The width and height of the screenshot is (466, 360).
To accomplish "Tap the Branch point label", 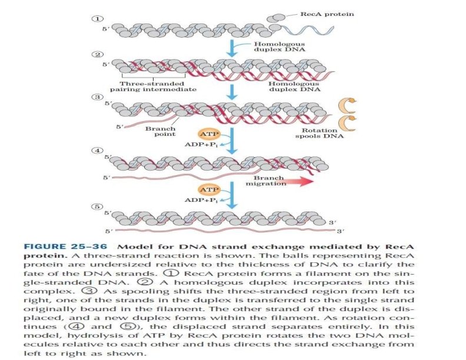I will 157,131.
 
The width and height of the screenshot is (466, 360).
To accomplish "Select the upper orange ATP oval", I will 207,135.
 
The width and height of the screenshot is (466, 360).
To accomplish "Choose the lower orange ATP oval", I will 207,189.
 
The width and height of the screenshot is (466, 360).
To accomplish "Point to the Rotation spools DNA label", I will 319,134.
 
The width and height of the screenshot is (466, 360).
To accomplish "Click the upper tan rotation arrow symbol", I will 344,105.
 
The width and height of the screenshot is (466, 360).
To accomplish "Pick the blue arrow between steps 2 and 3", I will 234,91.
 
